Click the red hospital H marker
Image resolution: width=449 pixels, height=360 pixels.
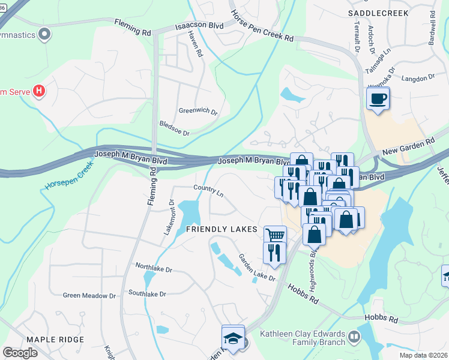point(39,91)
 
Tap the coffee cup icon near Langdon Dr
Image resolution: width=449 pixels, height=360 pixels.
point(378,98)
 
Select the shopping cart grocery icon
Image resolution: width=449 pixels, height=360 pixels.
point(275,235)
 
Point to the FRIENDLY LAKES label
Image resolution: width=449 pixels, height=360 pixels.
point(221,230)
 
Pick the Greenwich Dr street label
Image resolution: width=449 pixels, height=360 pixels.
point(197,110)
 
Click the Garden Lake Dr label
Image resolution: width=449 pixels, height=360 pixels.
point(257,268)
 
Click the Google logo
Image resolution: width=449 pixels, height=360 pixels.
point(20,353)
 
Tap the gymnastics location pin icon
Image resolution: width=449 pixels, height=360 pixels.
point(43,34)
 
